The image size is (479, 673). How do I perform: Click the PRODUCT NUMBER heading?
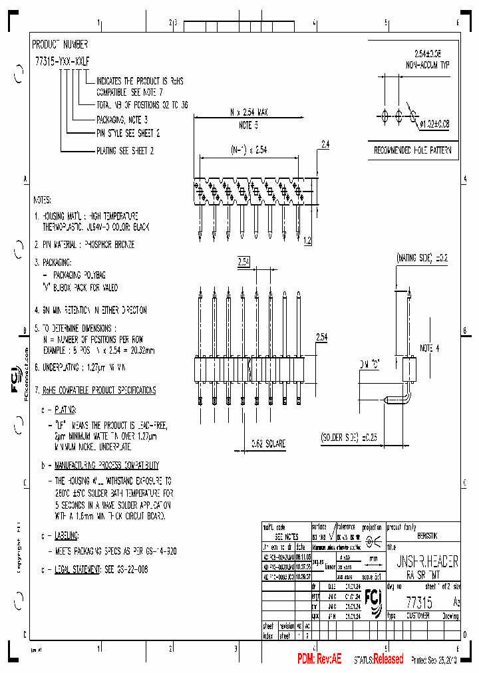[61, 45]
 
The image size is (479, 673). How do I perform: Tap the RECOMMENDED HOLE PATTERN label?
[413, 151]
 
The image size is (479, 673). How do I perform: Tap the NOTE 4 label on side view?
[429, 348]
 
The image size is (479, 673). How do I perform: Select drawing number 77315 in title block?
[419, 602]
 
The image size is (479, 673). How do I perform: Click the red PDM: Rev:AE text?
[319, 658]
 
